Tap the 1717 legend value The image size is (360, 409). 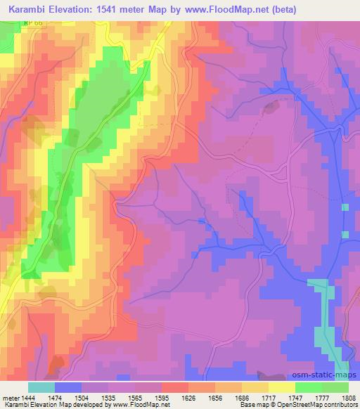267,397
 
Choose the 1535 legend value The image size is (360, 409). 108,397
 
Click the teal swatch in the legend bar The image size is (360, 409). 41,387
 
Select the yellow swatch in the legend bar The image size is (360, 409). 281,387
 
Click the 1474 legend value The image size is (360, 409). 54,397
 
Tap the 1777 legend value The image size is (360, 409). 321,397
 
